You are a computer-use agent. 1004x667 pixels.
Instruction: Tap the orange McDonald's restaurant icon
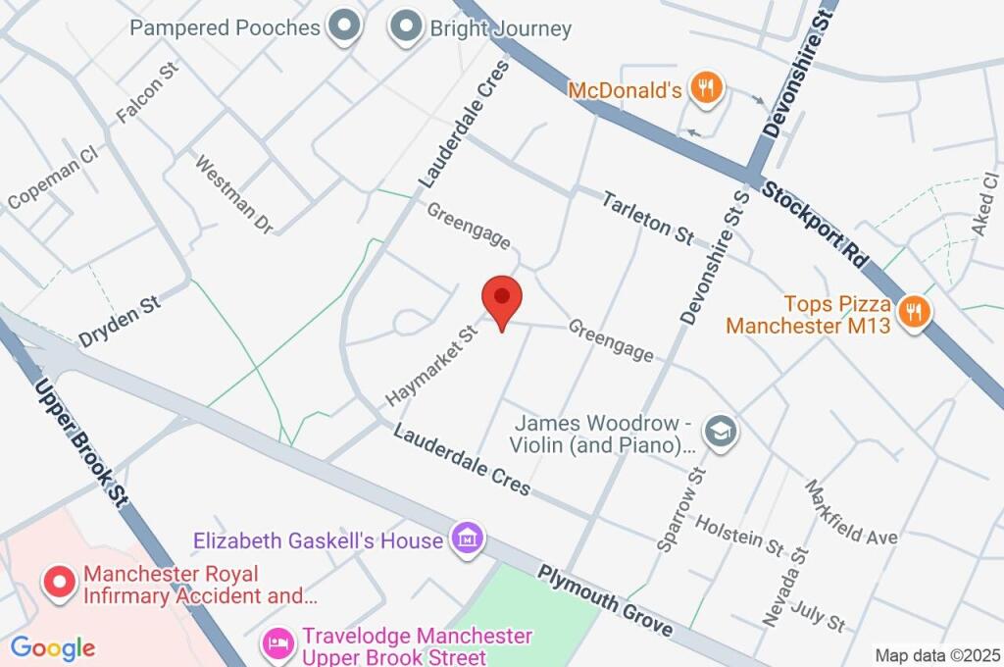pyautogui.click(x=705, y=89)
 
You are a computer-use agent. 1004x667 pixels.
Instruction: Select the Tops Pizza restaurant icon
pyautogui.click(x=914, y=313)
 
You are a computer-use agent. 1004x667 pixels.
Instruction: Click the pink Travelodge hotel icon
pyautogui.click(x=278, y=644)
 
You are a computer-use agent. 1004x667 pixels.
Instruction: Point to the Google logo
pyautogui.click(x=53, y=647)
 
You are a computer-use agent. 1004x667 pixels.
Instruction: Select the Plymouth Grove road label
pyautogui.click(x=605, y=600)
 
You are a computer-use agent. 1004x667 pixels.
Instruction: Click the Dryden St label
pyautogui.click(x=120, y=322)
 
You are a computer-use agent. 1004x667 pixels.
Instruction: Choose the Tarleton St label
pyautogui.click(x=647, y=217)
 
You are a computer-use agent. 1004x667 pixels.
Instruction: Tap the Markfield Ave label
pyautogui.click(x=850, y=513)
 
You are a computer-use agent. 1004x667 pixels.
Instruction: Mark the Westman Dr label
pyautogui.click(x=233, y=193)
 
